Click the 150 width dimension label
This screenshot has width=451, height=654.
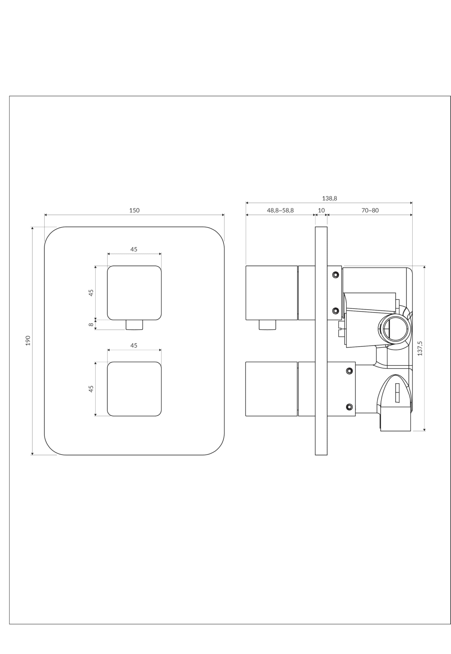[134, 211]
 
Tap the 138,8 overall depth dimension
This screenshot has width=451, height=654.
[330, 198]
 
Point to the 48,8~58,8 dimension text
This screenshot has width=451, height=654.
[280, 211]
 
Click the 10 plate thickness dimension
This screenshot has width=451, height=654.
[321, 211]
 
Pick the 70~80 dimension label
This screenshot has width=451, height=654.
[370, 211]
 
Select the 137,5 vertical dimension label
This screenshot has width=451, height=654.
[420, 348]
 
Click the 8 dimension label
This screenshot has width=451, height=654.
[91, 324]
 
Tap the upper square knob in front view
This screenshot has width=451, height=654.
[134, 293]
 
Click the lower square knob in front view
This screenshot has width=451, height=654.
[134, 389]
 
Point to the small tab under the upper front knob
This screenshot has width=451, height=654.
[134, 325]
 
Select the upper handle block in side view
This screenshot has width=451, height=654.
[272, 293]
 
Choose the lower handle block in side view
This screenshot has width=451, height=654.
[272, 389]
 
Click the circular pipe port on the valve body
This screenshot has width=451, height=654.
[395, 329]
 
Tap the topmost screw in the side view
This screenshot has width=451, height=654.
[335, 274]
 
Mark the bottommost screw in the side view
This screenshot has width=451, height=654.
[349, 407]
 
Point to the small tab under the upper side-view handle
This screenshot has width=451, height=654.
[267, 325]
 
